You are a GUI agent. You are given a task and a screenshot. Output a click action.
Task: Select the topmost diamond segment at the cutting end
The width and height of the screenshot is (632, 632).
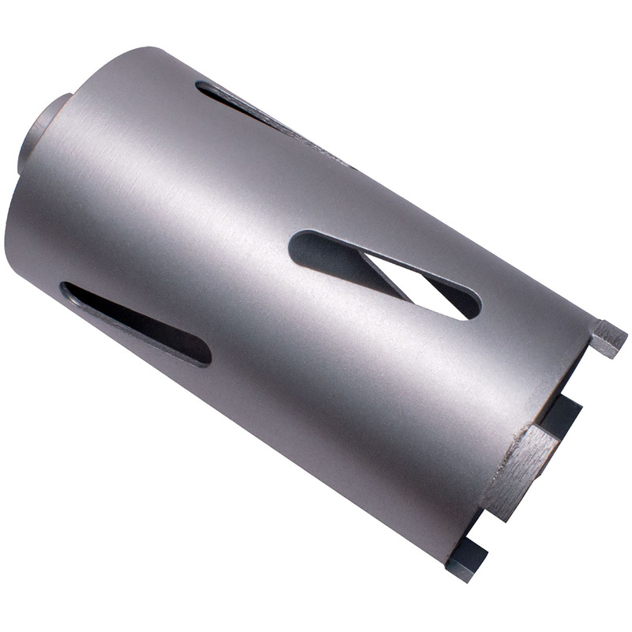[608, 338]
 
